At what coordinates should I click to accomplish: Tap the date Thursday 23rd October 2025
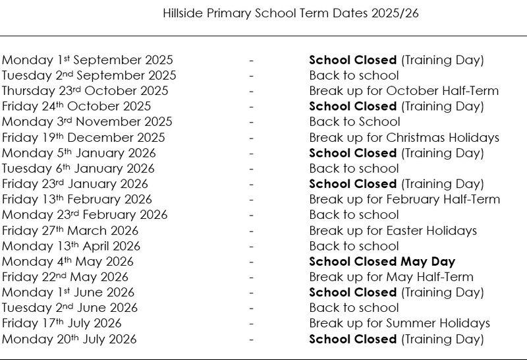[x=85, y=91]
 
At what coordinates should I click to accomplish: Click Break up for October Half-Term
[x=404, y=91]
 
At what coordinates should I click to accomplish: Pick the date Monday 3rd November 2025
[x=87, y=122]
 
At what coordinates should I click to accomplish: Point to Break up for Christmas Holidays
[x=404, y=138]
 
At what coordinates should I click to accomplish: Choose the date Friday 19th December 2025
[x=84, y=138]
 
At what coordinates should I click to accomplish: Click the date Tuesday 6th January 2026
[x=78, y=169]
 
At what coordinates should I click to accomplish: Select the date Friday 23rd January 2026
[x=75, y=184]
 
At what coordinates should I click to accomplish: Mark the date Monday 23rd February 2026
[x=85, y=215]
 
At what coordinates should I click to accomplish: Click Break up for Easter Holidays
[x=393, y=231]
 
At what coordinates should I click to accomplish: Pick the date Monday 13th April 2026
[x=71, y=246]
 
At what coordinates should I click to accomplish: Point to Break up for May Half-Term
[x=391, y=277]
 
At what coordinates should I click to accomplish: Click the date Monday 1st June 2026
[x=68, y=293]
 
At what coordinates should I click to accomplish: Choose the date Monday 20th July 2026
[x=69, y=340]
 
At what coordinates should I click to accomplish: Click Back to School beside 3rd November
[x=354, y=122]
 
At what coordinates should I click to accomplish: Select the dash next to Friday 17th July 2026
[x=252, y=324]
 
